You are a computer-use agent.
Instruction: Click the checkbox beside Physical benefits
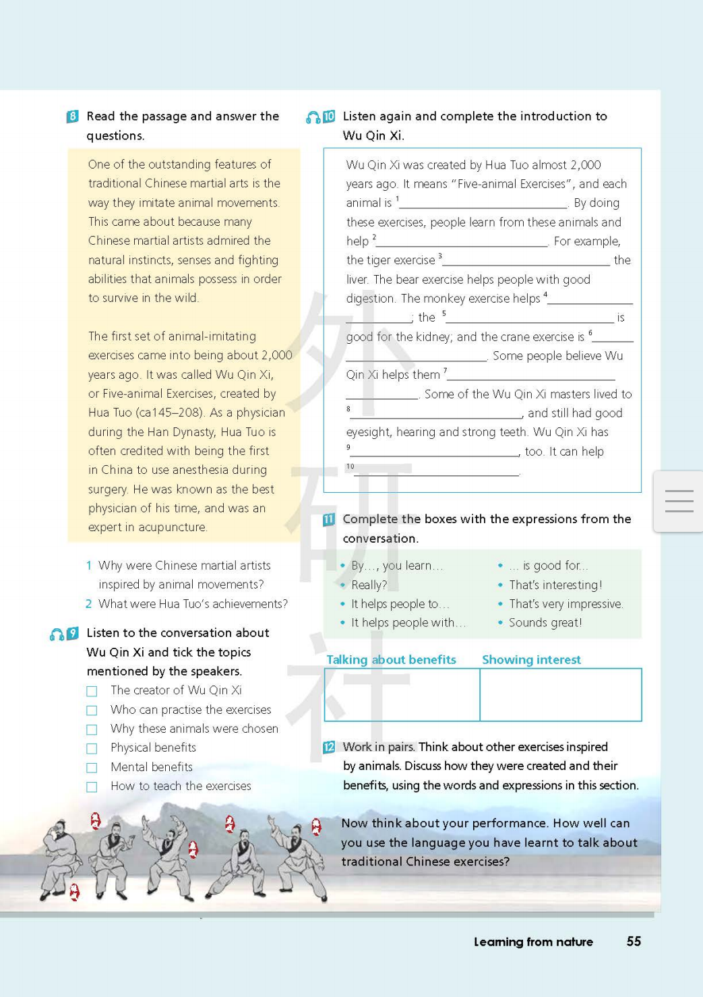click(92, 748)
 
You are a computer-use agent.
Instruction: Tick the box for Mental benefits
click(92, 768)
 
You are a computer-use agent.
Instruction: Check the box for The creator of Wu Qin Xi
click(92, 691)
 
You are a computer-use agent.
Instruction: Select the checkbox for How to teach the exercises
click(92, 787)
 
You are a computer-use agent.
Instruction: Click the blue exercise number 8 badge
click(73, 116)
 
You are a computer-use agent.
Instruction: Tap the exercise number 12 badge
click(329, 747)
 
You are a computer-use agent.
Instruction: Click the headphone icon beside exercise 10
click(313, 117)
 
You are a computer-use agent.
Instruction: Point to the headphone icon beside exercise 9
click(57, 634)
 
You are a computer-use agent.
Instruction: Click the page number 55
click(634, 941)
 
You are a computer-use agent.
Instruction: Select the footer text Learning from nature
click(533, 942)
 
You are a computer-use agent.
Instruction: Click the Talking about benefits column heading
click(391, 660)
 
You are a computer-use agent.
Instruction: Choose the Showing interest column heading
click(531, 660)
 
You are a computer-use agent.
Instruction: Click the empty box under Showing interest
click(560, 695)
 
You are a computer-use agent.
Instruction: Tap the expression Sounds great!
click(545, 623)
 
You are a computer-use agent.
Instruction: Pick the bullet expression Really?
click(369, 585)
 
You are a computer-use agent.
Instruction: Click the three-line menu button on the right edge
click(679, 501)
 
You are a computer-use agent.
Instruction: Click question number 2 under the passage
click(88, 604)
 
